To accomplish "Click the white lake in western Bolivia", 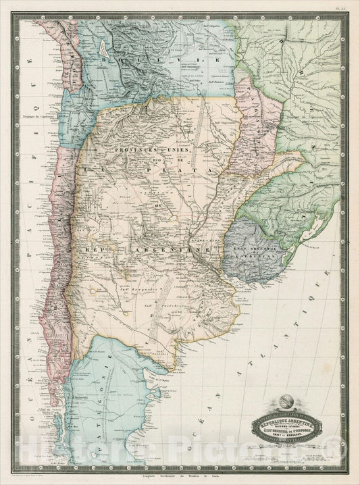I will coord(102,49).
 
